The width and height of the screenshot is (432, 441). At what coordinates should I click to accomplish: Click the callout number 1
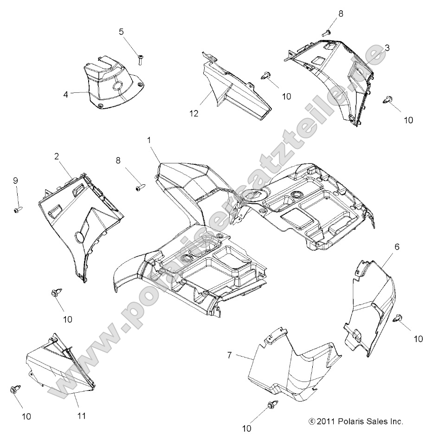click(x=149, y=139)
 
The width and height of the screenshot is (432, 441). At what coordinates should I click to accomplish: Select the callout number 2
click(x=56, y=156)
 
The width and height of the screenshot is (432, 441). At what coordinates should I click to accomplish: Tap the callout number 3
click(x=387, y=48)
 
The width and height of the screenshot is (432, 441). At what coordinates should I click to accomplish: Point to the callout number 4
click(x=66, y=94)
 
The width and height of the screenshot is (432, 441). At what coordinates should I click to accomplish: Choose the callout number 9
click(x=15, y=180)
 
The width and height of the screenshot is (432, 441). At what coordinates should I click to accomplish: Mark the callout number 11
click(x=81, y=416)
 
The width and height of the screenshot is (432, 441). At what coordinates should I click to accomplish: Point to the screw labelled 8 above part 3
click(x=326, y=32)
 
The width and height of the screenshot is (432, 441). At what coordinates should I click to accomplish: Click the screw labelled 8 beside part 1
click(x=140, y=188)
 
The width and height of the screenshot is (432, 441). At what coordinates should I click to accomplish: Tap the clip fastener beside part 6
click(x=398, y=318)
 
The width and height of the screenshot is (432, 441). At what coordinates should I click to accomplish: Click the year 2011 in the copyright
click(x=327, y=422)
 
